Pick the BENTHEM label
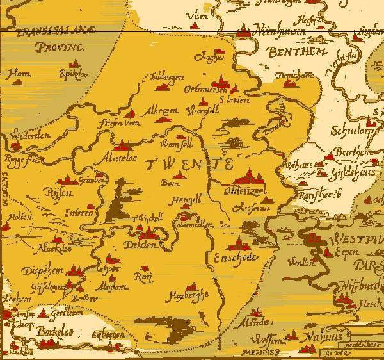coord(297,51)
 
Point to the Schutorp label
coord(350,131)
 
